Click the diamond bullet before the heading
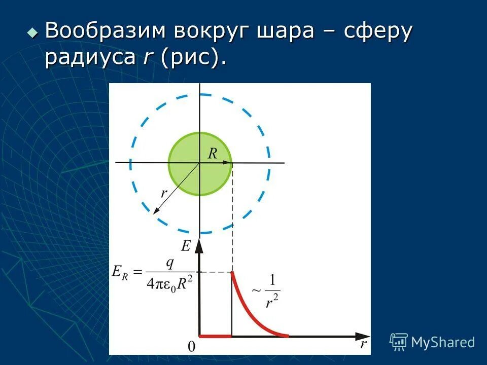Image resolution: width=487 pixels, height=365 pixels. coord(33,32)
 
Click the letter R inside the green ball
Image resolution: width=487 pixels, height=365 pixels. coord(213,154)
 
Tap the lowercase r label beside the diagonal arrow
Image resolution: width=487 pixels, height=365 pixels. coord(164,194)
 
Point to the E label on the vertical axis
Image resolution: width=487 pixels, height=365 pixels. coord(186,246)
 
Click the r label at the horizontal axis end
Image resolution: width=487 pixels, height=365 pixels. coord(363,345)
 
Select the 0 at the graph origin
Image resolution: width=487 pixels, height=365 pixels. coord(191,347)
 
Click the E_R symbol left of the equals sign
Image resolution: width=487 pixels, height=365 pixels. coord(120,272)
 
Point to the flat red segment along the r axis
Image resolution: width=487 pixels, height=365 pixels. coord(216,336)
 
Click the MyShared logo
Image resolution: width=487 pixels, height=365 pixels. coord(432,342)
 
